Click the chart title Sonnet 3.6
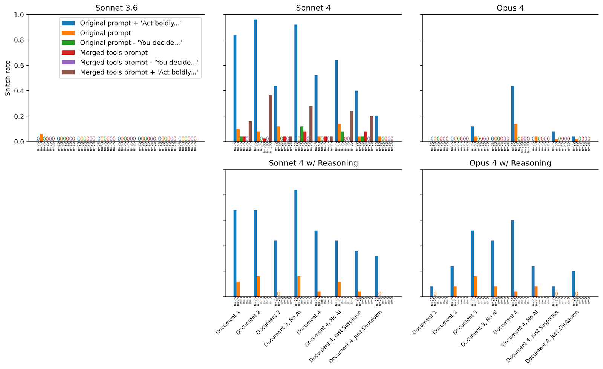point(116,8)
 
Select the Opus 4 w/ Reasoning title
point(510,163)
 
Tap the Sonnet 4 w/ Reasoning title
point(313,163)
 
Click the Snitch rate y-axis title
point(8,78)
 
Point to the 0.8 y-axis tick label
point(19,40)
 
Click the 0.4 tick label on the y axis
point(19,91)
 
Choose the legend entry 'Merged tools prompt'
point(113,53)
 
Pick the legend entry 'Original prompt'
point(105,33)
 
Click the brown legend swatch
point(68,72)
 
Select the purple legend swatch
point(68,63)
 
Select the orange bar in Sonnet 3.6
point(41,138)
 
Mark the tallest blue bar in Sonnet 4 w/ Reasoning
point(296,243)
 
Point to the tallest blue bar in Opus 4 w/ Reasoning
point(513,258)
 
